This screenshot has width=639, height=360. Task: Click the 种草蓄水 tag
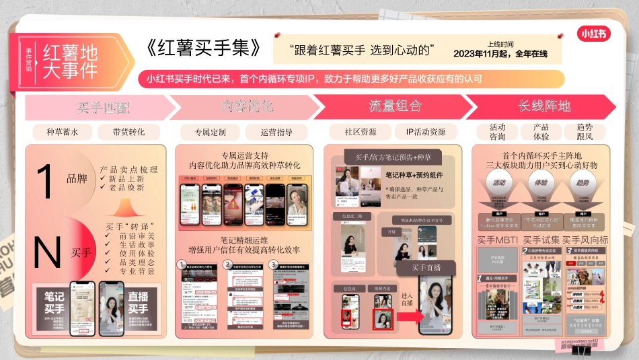[x=63, y=132]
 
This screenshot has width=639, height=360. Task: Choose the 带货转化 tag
[x=128, y=132]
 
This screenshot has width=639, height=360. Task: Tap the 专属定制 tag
[x=211, y=132]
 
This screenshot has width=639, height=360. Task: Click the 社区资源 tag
[x=360, y=132]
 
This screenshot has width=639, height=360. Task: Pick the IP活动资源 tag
[x=425, y=132]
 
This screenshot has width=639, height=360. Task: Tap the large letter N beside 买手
[x=47, y=252]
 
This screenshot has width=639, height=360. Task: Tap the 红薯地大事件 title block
[x=71, y=61]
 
